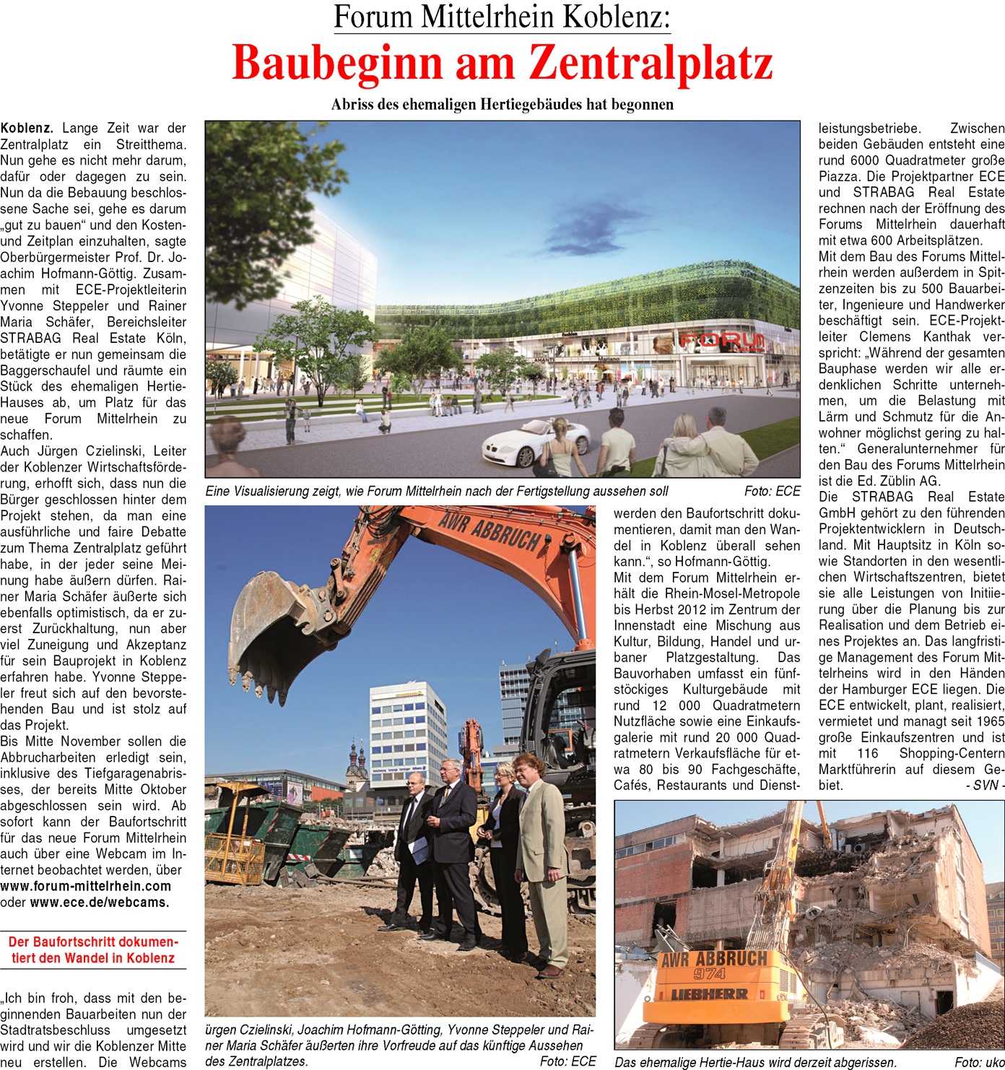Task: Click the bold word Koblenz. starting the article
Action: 27,129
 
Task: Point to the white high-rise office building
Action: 407,736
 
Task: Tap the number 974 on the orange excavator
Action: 710,974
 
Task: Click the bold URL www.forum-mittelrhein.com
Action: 86,887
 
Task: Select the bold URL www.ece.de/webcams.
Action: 100,902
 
